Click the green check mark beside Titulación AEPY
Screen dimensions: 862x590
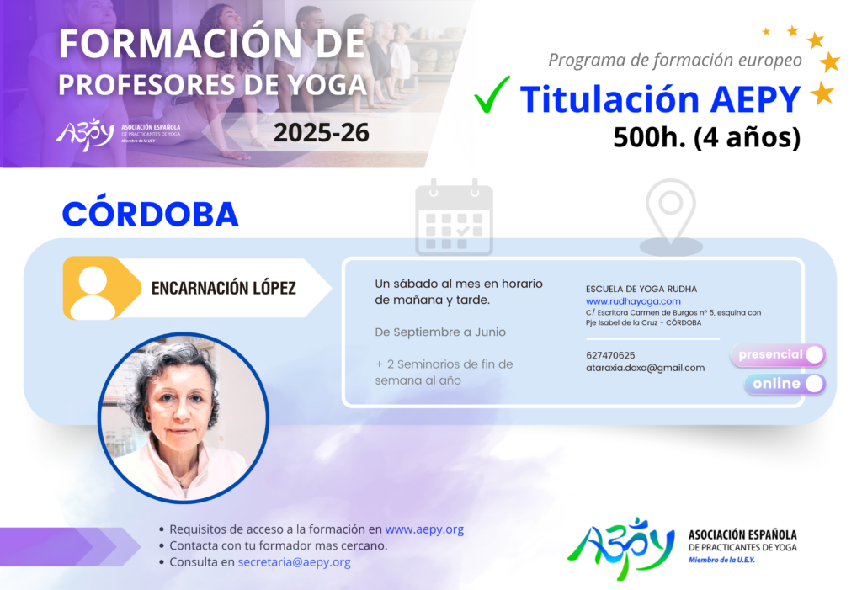click(x=491, y=96)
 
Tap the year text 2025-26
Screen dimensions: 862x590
click(x=321, y=133)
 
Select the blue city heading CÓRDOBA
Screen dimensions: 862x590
click(x=150, y=214)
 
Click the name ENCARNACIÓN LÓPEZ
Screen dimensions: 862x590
click(x=223, y=288)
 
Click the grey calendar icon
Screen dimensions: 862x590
click(x=454, y=217)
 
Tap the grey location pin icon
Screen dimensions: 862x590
click(x=671, y=217)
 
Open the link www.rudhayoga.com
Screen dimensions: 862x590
click(x=633, y=301)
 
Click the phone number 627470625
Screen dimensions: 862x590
click(x=610, y=355)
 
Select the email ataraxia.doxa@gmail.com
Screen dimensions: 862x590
click(x=645, y=368)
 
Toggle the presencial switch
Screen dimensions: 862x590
click(x=778, y=354)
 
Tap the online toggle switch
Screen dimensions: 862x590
click(x=785, y=384)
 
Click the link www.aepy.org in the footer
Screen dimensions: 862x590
click(x=424, y=529)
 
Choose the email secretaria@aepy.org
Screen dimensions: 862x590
click(x=294, y=562)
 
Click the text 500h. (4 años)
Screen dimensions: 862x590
click(x=706, y=137)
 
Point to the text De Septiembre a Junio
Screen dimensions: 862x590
click(x=439, y=332)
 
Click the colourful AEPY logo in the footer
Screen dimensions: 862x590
click(x=621, y=548)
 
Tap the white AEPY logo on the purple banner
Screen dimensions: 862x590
click(x=85, y=134)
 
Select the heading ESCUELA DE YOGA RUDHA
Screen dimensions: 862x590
click(x=641, y=289)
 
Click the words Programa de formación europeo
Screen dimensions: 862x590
click(x=675, y=60)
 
